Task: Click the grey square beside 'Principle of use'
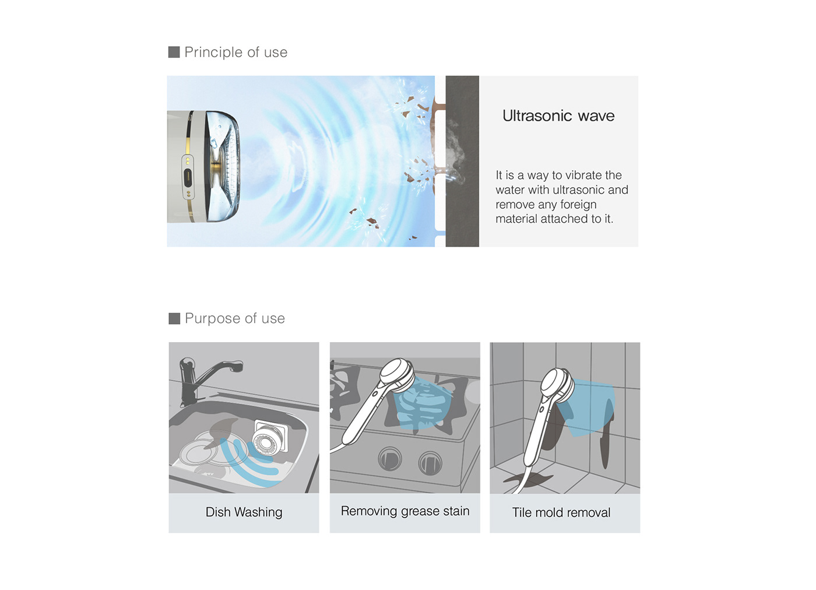pos(174,52)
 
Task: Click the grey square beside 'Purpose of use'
pos(174,318)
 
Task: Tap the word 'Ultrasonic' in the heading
pos(537,116)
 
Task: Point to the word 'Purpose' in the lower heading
pos(213,319)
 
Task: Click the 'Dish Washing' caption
pos(244,512)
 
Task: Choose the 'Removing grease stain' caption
pos(405,511)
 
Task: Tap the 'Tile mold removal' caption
pos(561,512)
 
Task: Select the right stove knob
pos(430,463)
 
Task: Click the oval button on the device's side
pos(188,177)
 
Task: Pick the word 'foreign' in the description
pos(578,205)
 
